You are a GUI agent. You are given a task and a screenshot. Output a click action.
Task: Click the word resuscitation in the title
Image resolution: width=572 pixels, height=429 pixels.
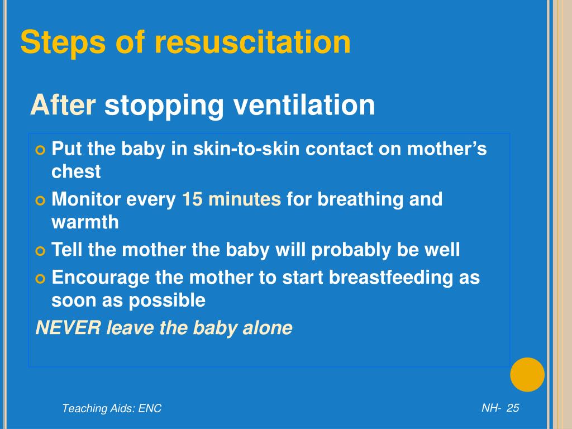pos(253,43)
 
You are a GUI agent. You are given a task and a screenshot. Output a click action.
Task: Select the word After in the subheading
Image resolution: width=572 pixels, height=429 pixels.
pos(63,104)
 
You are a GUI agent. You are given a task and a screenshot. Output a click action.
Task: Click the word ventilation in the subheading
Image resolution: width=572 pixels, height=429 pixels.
pos(304,104)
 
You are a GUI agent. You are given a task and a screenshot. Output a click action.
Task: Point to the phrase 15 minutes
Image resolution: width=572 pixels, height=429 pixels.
pos(231,199)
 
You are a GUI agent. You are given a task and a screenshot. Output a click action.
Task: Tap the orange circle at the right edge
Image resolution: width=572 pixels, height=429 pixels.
pos(527,374)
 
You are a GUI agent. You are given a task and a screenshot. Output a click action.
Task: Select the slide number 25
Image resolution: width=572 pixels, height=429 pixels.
pos(513,408)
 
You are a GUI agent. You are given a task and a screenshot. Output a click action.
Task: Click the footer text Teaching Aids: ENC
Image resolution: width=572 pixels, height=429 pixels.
pos(112,408)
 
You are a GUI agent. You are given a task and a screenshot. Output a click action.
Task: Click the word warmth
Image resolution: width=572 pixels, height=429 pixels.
pos(85,222)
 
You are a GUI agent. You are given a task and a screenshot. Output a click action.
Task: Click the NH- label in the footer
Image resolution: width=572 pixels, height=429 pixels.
pos(491,408)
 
